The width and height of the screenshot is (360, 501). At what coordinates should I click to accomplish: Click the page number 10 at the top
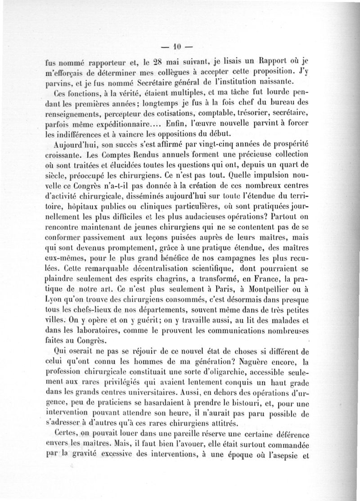[177, 45]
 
